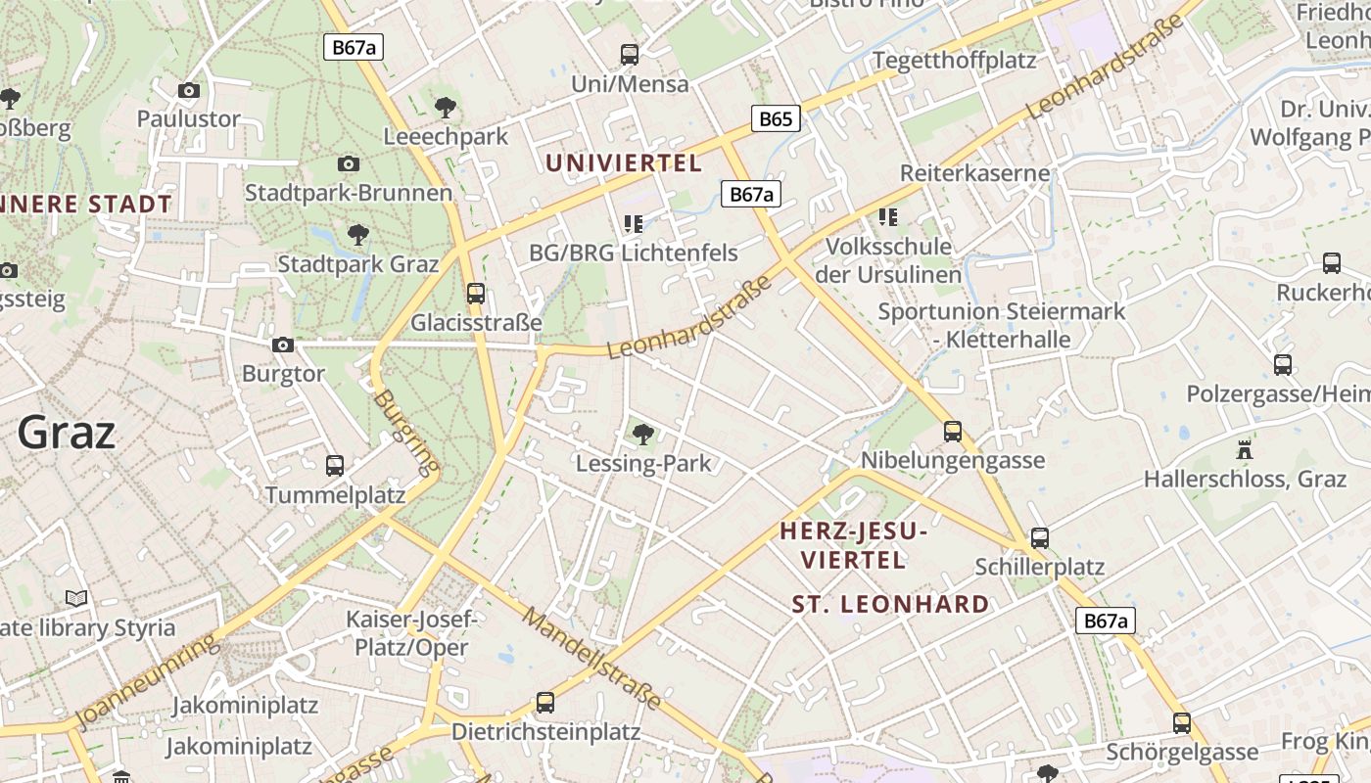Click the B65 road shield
pyautogui.click(x=776, y=119)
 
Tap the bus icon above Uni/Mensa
pyautogui.click(x=630, y=55)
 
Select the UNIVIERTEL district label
pyautogui.click(x=624, y=162)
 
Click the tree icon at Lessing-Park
pyautogui.click(x=643, y=434)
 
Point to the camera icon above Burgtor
pyautogui.click(x=283, y=345)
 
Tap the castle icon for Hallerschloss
pyautogui.click(x=1245, y=450)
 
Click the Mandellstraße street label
pyautogui.click(x=591, y=658)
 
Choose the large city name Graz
pyautogui.click(x=67, y=432)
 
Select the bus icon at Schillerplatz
pyautogui.click(x=1040, y=538)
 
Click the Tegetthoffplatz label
pyautogui.click(x=954, y=60)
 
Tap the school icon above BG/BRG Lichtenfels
pyautogui.click(x=633, y=224)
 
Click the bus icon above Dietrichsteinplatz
pyautogui.click(x=545, y=703)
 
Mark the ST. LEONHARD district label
pyautogui.click(x=890, y=604)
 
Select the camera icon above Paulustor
pyautogui.click(x=189, y=90)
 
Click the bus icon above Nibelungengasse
pyautogui.click(x=953, y=431)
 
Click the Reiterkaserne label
pyautogui.click(x=974, y=173)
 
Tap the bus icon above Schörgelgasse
pyautogui.click(x=1182, y=723)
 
